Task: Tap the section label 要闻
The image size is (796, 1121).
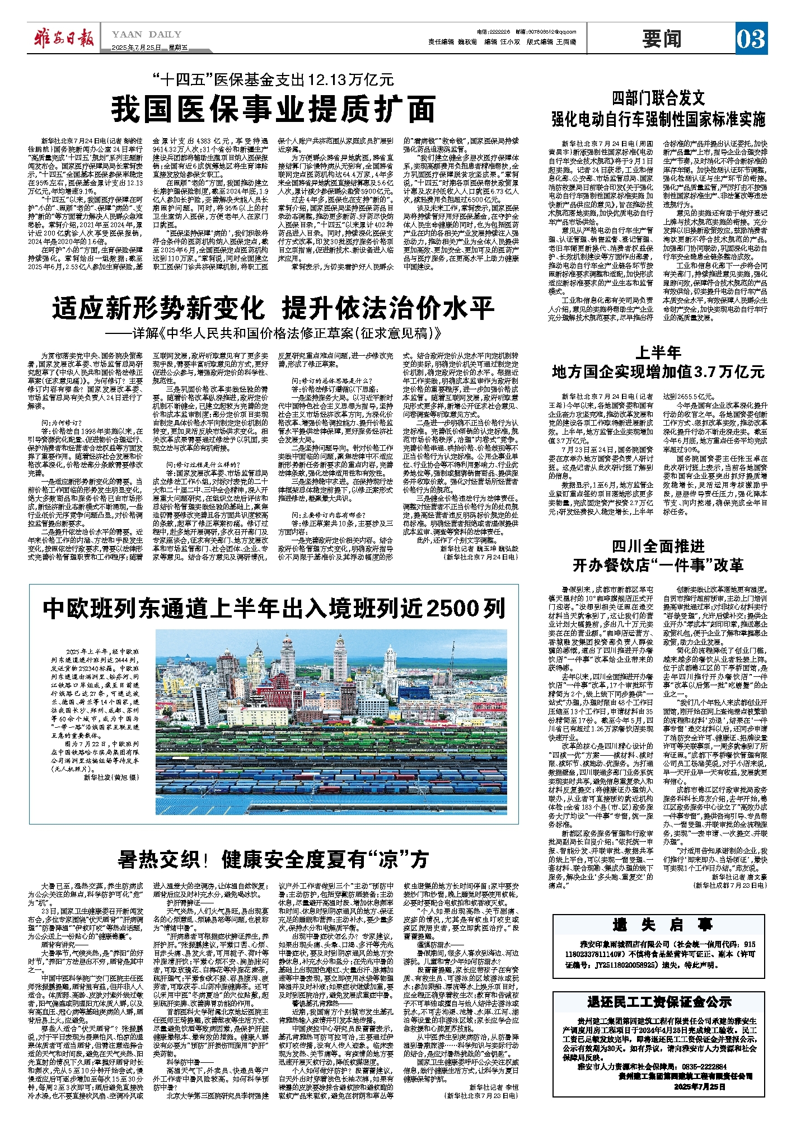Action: (x=662, y=40)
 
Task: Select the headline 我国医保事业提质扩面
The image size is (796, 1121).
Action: (x=273, y=109)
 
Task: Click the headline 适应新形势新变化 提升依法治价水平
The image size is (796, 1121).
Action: (x=273, y=308)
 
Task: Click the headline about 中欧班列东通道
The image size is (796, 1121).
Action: (x=274, y=609)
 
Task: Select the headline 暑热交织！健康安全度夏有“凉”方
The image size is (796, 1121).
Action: (x=273, y=859)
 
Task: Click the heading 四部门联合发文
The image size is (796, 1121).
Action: (x=658, y=99)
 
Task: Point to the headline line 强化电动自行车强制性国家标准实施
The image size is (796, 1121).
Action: (x=658, y=119)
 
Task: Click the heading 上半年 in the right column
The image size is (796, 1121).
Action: (x=658, y=352)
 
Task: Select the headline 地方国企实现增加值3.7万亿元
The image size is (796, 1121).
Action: (x=658, y=372)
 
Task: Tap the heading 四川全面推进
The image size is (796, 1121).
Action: (x=658, y=546)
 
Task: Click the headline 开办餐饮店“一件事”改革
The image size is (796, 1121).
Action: (x=658, y=565)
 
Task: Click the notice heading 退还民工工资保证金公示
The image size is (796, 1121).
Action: (x=659, y=1002)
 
